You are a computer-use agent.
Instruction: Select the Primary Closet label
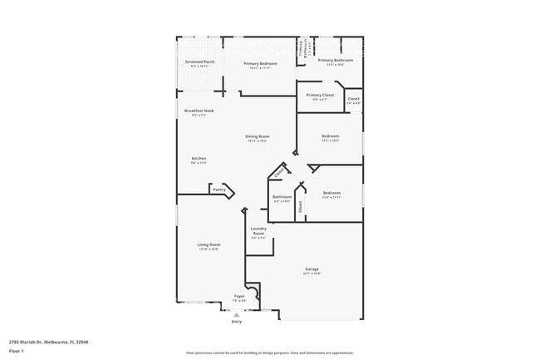[320, 96]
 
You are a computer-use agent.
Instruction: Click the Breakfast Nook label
[199, 111]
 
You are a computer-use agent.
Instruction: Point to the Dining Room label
[258, 136]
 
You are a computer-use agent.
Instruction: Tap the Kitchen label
[199, 159]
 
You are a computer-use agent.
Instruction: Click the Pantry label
[219, 190]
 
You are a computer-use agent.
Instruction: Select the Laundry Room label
[258, 231]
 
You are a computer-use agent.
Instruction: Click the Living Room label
[209, 244]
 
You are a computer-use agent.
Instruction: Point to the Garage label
[312, 269]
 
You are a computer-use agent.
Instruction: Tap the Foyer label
[239, 296]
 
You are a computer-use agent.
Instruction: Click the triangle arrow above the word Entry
[236, 315]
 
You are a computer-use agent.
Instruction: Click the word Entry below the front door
[236, 322]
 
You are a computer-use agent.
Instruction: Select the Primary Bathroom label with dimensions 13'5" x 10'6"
[336, 61]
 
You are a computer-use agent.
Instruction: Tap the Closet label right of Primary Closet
[353, 99]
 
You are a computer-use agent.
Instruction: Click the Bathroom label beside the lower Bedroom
[282, 197]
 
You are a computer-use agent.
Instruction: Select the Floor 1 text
[17, 351]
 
